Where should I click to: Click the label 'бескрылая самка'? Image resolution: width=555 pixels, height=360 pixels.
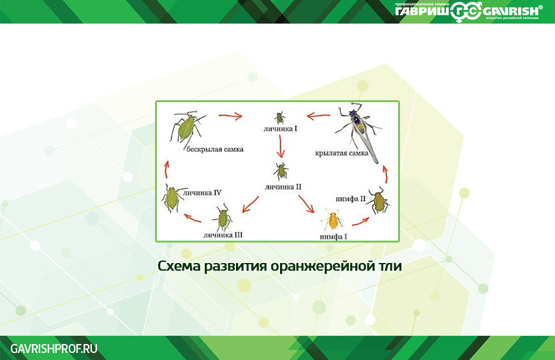coord(215,149)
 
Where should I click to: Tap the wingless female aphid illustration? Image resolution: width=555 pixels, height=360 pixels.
coord(186,127)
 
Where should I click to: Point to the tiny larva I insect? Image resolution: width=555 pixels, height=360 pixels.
coord(279,117)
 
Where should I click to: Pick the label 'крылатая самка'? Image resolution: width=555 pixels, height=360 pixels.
coord(341,153)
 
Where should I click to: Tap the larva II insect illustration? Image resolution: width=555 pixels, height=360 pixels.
coord(281,170)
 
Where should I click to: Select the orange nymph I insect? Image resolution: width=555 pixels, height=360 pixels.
coord(332,220)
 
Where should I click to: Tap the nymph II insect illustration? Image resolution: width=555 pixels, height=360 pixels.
coord(378,201)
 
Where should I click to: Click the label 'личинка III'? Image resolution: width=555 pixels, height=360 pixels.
coord(223,235)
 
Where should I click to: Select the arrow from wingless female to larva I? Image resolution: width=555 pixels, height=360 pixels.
coord(230,116)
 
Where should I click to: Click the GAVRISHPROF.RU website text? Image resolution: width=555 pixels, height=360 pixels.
coord(54,348)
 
